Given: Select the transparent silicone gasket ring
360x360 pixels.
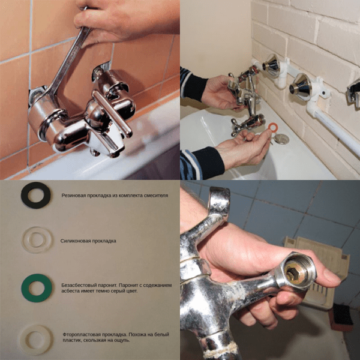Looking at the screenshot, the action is click(x=25, y=240).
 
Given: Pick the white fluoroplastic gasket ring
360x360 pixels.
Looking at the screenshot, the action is click(x=23, y=340).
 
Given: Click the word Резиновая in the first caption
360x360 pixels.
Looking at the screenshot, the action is click(x=73, y=196).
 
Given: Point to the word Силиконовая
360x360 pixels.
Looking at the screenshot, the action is click(x=75, y=241).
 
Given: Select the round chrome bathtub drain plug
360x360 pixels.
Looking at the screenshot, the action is click(x=281, y=139).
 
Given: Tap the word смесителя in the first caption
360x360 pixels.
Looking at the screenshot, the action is click(x=156, y=196).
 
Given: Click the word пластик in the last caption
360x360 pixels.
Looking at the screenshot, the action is click(x=69, y=340).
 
